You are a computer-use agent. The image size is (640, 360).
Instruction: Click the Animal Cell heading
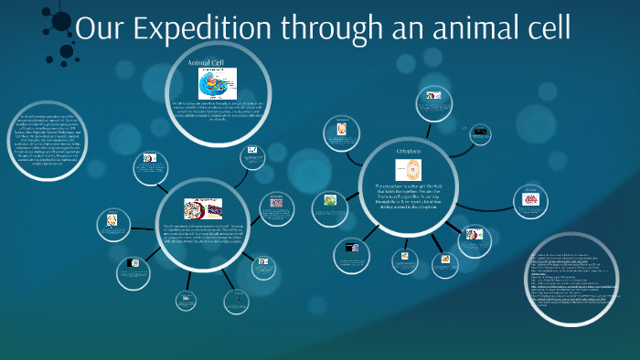click(206, 63)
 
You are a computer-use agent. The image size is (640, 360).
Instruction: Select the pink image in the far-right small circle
click(530, 198)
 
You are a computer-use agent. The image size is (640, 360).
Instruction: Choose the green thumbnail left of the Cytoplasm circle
click(329, 199)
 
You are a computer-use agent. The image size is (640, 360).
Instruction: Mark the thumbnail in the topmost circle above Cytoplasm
click(430, 96)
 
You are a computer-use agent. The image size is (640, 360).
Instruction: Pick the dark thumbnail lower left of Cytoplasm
click(350, 247)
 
